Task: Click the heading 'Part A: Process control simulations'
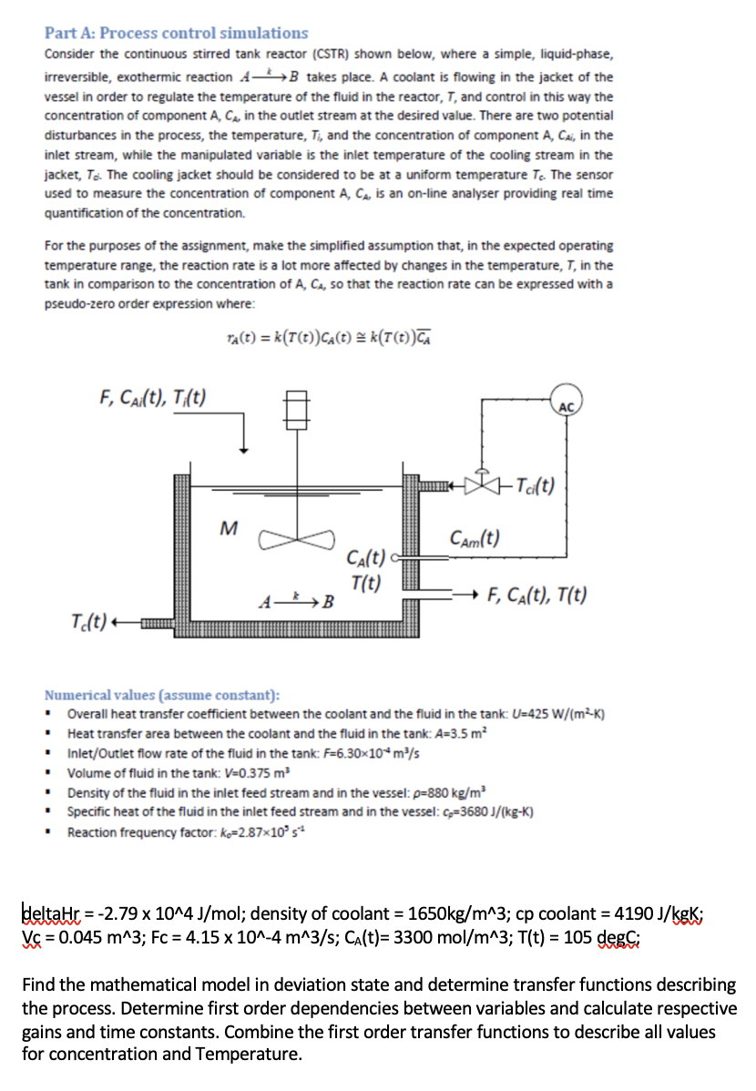point(177,34)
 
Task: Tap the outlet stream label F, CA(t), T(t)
point(537,596)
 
